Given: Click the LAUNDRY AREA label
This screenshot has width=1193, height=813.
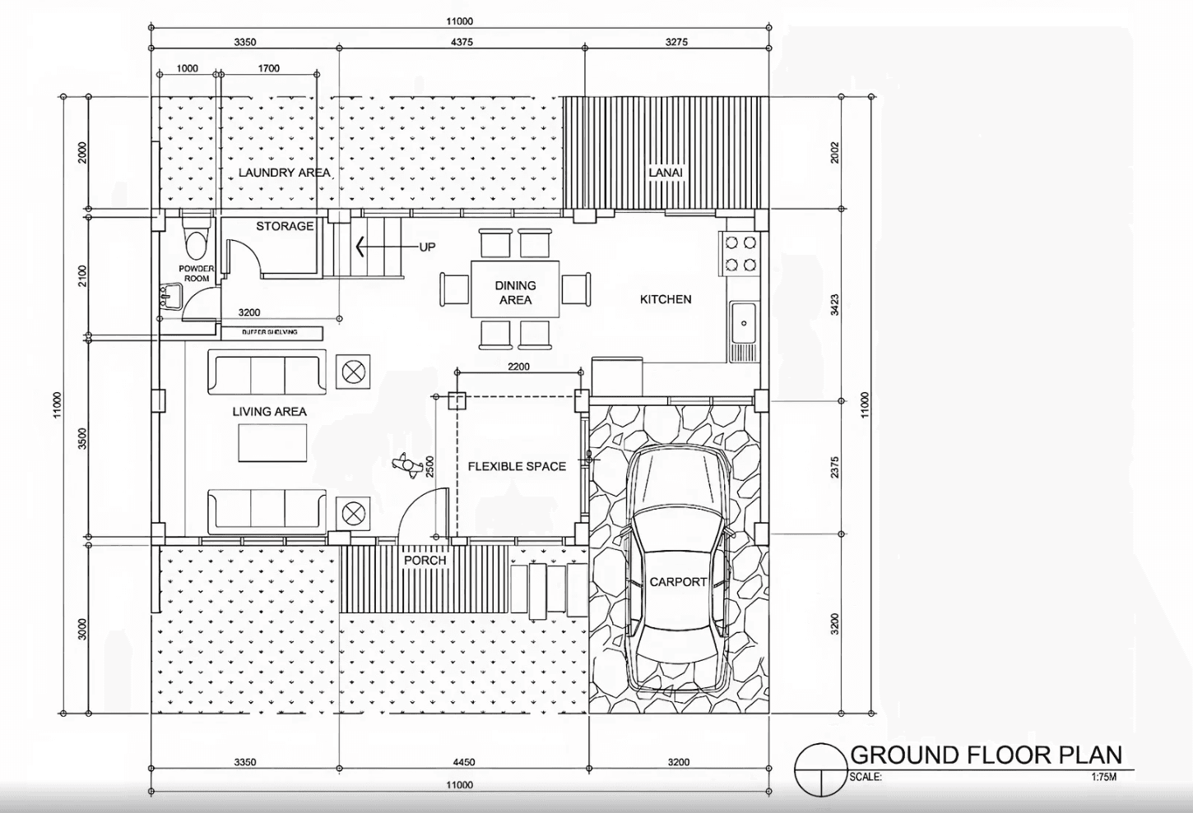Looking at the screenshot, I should coord(284,173).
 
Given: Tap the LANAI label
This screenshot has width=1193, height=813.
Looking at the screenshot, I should coord(666,173).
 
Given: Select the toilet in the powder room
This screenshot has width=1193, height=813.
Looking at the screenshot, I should coord(196,241).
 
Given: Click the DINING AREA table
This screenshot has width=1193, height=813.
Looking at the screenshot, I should coord(515,289).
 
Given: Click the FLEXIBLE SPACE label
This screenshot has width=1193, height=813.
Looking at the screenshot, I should coord(517,466).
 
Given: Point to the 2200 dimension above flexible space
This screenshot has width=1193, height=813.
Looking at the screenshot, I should coord(518,367).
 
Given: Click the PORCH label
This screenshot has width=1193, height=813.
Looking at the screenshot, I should coord(425,561).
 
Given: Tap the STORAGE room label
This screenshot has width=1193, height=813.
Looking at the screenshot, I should coord(285,226).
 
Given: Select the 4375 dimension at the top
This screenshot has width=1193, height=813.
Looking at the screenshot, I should coord(462,42).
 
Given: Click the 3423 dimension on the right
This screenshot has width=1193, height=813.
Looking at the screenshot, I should coord(834,305).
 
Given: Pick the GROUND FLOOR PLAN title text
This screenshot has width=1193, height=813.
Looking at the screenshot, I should coord(986,755).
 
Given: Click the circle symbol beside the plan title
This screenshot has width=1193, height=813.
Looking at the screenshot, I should coord(819,769).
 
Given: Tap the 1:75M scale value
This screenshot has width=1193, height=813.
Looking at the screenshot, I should coord(1103,777).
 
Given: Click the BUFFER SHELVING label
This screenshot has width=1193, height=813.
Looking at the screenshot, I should coord(270,332).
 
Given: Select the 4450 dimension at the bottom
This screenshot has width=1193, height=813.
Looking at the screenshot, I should coord(463,762).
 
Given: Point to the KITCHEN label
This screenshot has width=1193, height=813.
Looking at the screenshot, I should coord(666,299).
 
